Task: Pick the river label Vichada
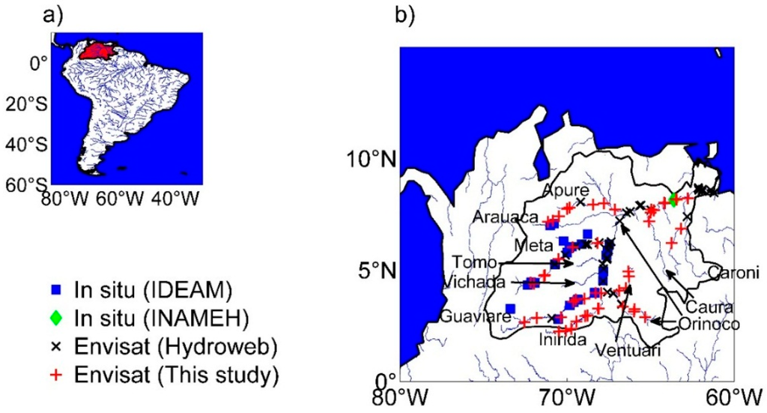(469, 283)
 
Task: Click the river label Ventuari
(622, 349)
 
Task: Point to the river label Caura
(705, 307)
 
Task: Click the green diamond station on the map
(673, 199)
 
